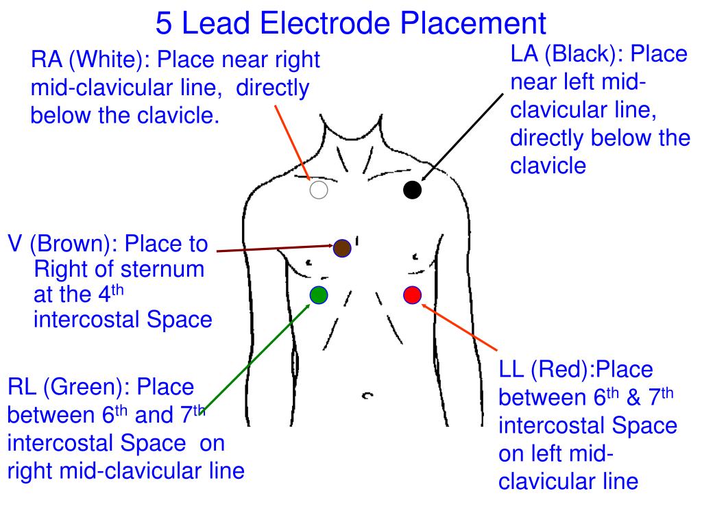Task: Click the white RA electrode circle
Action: pyautogui.click(x=318, y=190)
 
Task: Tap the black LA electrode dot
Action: pyautogui.click(x=412, y=190)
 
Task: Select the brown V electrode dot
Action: pyautogui.click(x=342, y=248)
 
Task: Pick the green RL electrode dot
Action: pyautogui.click(x=318, y=295)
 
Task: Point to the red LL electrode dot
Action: pyautogui.click(x=412, y=295)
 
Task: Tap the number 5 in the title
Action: pyautogui.click(x=163, y=24)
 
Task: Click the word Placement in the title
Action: pyautogui.click(x=474, y=24)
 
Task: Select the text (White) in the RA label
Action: pyautogui.click(x=110, y=60)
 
